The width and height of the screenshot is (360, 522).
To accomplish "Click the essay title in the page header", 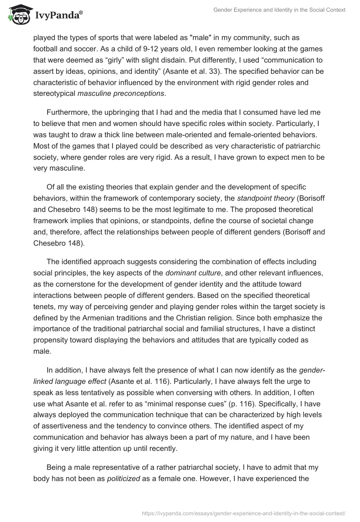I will pos(279,10).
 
